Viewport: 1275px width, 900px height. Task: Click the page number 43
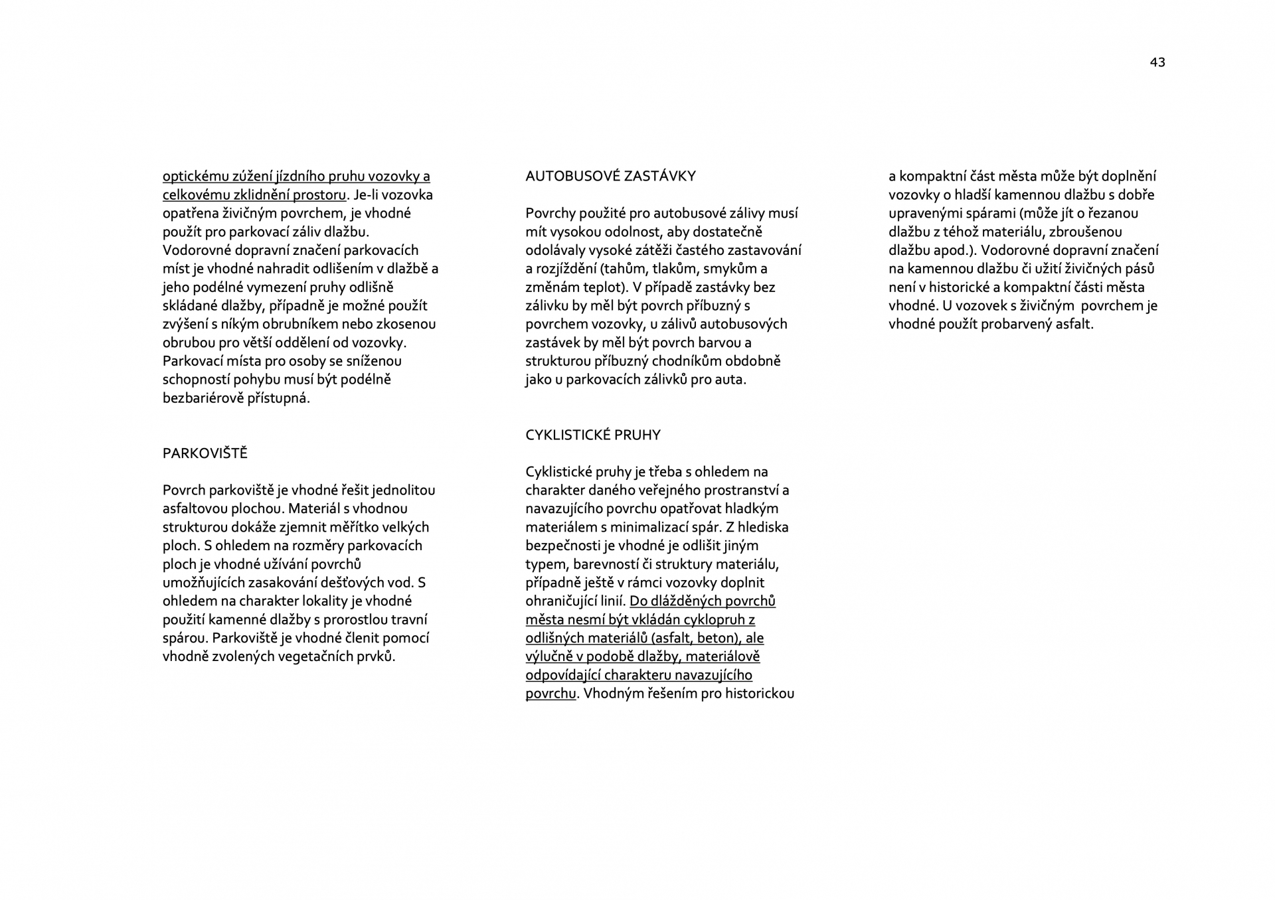coord(1157,62)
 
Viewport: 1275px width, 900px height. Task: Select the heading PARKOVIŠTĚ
coord(205,453)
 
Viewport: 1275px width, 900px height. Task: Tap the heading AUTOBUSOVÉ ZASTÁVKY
coord(610,176)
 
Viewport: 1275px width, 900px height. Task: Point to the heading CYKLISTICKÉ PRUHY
coord(593,435)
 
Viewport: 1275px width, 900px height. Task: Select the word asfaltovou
coord(195,509)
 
